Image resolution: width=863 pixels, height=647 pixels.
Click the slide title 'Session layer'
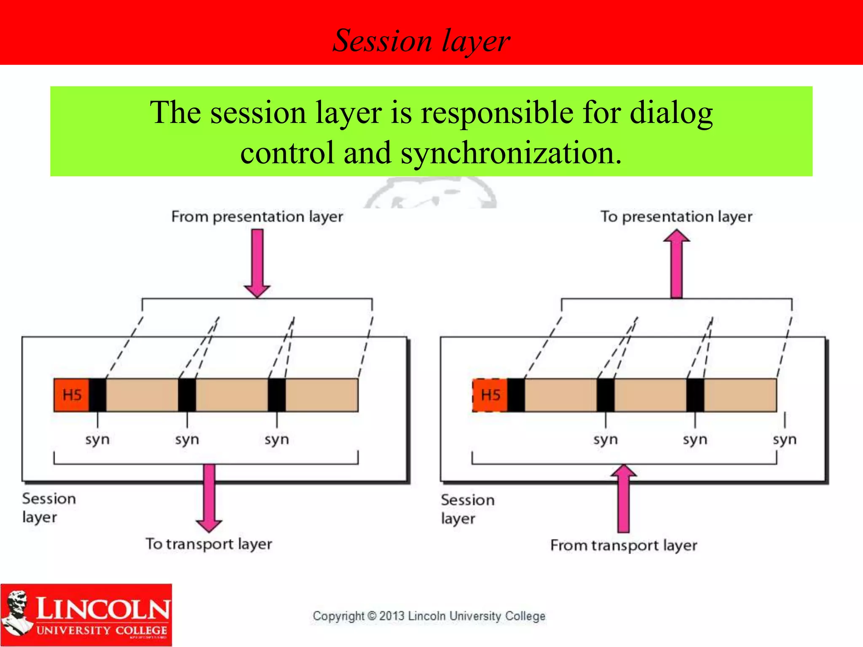coord(421,41)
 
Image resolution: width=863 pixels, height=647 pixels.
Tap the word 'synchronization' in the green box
coord(510,153)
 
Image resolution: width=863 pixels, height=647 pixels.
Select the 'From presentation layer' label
coord(257,217)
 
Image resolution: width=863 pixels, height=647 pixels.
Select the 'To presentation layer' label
coord(676,217)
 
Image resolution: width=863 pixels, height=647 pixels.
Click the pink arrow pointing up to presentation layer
coord(676,265)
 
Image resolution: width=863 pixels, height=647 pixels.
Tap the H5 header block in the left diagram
coord(72,395)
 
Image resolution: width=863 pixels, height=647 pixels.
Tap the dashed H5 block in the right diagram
coord(490,395)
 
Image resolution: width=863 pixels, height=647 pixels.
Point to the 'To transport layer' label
coord(209,544)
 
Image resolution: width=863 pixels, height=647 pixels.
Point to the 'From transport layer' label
coord(624,545)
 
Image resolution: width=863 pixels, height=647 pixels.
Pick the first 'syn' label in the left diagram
coord(97,439)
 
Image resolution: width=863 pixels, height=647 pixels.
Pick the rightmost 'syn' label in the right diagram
coord(785,439)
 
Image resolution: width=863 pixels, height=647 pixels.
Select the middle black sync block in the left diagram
coord(187,395)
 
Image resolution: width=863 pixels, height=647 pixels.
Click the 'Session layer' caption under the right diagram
coord(467,509)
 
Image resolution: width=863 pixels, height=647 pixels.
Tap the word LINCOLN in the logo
coord(103,609)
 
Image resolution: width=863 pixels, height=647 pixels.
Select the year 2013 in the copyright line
coord(392,616)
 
